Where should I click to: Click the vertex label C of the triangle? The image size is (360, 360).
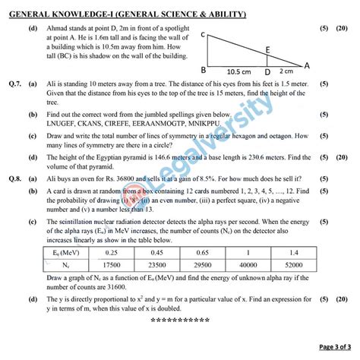click(204, 35)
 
